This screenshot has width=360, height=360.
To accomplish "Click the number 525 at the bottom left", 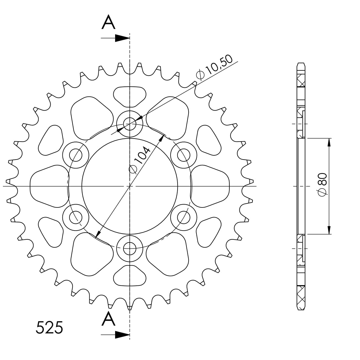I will (x=49, y=328).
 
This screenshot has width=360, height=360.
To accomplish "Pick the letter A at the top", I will (x=108, y=23).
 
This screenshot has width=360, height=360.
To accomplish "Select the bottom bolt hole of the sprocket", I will (x=130, y=249).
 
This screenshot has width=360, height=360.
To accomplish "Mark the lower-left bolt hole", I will (x=76, y=217).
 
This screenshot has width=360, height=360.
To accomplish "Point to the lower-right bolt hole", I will (x=184, y=217).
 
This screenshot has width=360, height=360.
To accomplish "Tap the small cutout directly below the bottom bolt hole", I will (x=130, y=276).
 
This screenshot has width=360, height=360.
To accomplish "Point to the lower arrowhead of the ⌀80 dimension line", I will (x=329, y=230).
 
